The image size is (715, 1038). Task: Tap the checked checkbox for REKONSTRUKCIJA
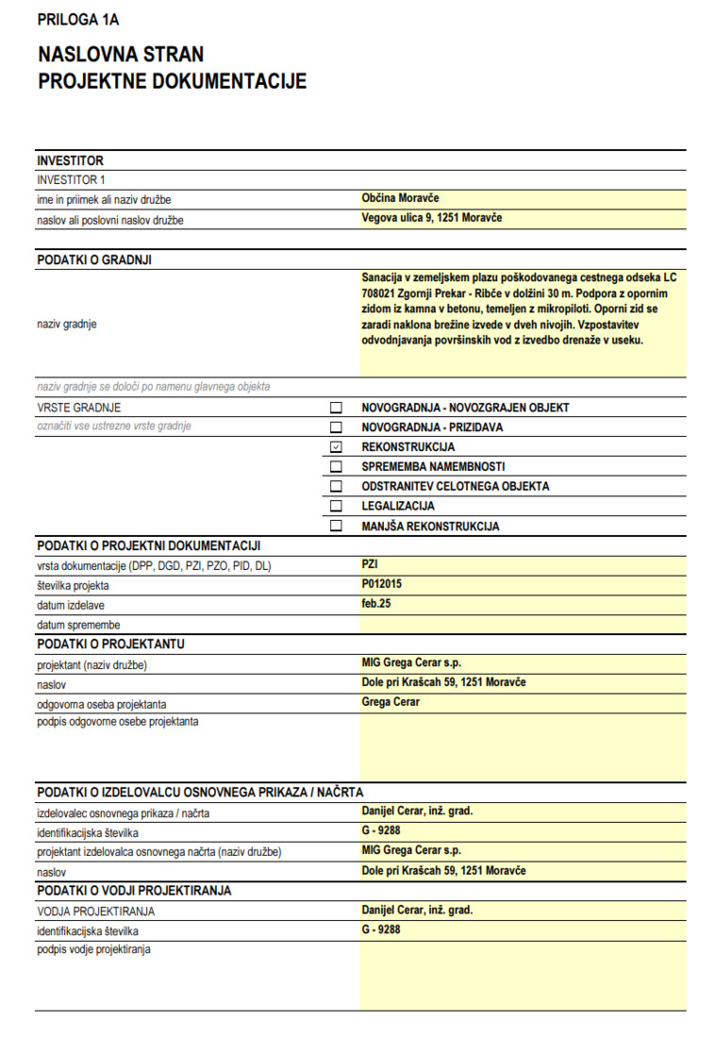336,447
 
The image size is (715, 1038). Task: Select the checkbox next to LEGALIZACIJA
336,507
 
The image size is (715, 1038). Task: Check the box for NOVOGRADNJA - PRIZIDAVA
336,427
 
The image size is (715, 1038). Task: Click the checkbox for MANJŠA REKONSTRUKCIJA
336,527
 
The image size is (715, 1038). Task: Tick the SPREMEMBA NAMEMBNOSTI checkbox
336,467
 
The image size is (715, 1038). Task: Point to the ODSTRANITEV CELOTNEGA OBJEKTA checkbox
336,487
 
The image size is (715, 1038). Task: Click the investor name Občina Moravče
400,199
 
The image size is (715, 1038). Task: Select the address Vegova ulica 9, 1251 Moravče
431,218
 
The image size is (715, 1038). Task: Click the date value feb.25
375,604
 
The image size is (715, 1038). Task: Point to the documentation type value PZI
370,564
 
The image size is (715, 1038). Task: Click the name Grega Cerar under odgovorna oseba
390,702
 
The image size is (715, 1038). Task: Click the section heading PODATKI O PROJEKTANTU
110,645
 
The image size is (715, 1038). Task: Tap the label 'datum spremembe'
78,625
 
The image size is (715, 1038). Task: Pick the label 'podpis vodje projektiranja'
93,949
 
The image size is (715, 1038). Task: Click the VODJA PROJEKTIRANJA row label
95,911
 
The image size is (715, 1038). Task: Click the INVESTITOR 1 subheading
71,179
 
